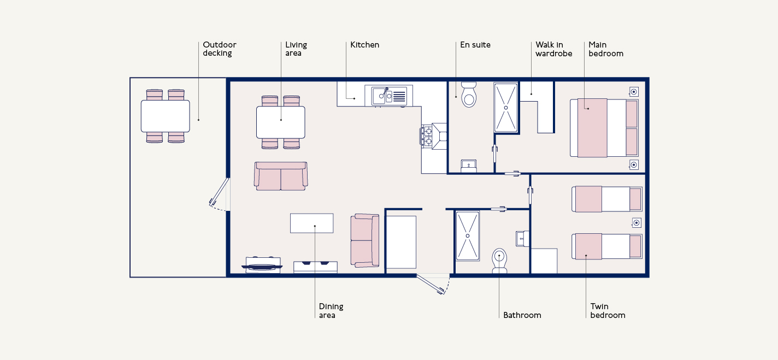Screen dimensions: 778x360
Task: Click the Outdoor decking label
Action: [220, 49]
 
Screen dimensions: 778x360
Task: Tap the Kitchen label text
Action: [365, 45]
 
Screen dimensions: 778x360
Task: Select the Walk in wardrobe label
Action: [553, 49]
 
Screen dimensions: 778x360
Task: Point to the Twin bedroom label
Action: [608, 311]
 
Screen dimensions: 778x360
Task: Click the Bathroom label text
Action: [522, 315]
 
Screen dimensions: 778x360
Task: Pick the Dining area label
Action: [331, 311]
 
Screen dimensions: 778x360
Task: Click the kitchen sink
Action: [389, 96]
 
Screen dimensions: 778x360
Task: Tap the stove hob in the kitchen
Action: [428, 137]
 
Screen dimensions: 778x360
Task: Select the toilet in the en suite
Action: [469, 95]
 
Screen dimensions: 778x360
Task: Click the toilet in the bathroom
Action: [499, 261]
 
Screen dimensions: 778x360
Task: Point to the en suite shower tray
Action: [506, 108]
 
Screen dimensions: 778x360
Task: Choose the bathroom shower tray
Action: [468, 236]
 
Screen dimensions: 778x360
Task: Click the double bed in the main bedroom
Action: [604, 128]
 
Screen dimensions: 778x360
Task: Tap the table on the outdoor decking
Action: [166, 116]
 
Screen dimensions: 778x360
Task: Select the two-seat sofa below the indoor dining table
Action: [281, 176]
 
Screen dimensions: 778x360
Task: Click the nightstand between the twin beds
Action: [636, 222]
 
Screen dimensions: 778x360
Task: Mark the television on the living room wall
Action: [262, 267]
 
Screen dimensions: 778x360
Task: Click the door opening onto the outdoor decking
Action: [219, 192]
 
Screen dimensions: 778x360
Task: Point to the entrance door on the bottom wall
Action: [431, 284]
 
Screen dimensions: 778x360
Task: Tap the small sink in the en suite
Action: [469, 166]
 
